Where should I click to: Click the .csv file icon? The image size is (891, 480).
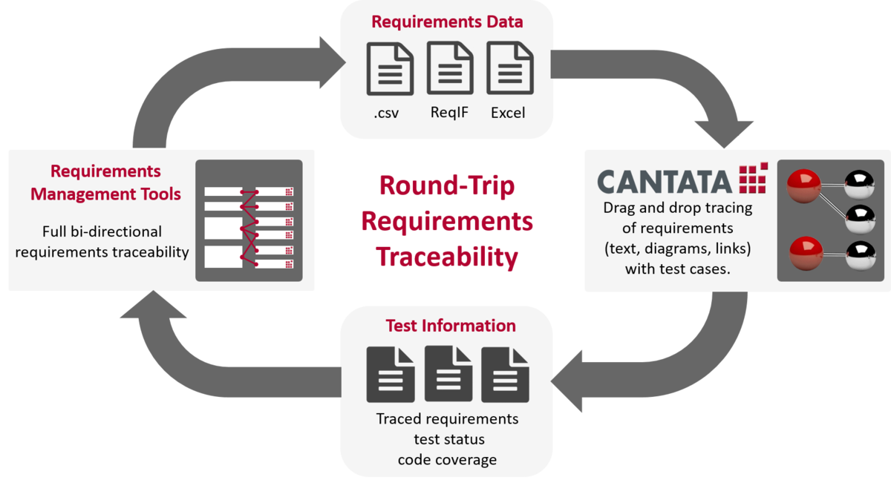[390, 69]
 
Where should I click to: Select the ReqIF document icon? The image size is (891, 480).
[450, 68]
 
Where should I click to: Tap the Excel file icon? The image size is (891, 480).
[510, 68]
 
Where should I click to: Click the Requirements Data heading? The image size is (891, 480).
[447, 22]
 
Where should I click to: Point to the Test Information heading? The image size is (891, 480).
[451, 326]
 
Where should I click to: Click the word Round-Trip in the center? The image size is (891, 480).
[447, 186]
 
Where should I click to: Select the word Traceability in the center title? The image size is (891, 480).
[447, 257]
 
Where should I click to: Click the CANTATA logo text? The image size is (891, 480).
[665, 182]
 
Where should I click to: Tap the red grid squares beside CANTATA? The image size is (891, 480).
[753, 177]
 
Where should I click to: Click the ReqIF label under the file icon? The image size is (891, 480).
[449, 113]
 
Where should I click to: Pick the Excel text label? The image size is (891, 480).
[508, 113]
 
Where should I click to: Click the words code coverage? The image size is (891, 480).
[447, 460]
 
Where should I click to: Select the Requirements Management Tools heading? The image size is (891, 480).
[105, 183]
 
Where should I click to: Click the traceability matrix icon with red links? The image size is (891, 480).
[249, 220]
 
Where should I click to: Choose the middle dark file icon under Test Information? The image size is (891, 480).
[448, 373]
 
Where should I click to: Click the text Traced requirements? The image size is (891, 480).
[447, 419]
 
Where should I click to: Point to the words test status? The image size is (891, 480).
[449, 439]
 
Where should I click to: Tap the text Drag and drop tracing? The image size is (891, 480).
[677, 208]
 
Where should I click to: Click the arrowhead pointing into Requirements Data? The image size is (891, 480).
[333, 62]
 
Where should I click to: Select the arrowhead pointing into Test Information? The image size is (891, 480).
[567, 381]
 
